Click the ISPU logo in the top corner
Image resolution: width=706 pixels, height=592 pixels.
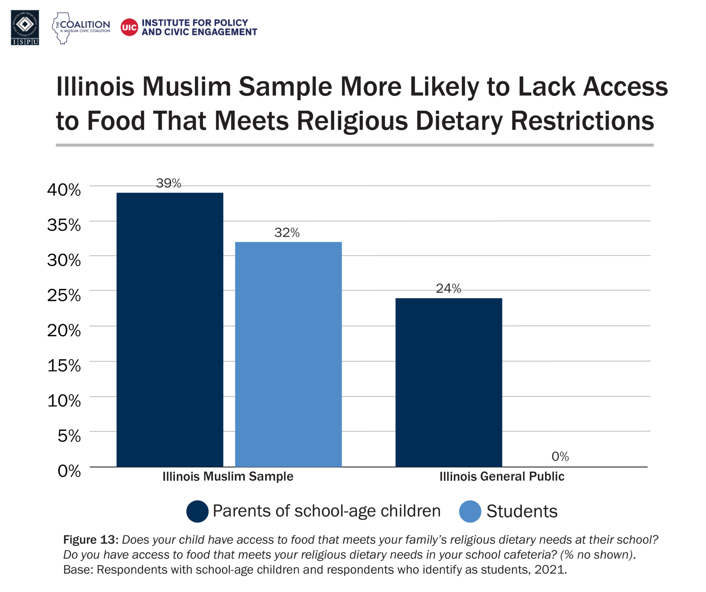(25, 28)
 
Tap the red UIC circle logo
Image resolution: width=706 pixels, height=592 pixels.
(129, 27)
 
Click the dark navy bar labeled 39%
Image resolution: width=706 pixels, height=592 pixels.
(170, 329)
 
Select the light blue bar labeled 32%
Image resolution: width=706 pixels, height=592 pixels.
(288, 354)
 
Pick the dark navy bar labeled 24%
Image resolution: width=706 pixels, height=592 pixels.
(448, 382)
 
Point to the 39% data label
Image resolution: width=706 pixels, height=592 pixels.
(169, 183)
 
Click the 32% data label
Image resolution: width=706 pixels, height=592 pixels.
(287, 233)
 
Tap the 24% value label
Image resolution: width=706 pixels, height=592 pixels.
(448, 289)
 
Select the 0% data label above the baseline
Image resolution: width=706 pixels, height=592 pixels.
(560, 456)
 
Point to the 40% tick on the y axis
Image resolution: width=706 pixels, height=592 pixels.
(64, 190)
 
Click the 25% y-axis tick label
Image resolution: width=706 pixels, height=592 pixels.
(64, 295)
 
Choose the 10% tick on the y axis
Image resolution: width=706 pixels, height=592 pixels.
(64, 401)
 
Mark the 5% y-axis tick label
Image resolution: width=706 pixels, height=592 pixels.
(69, 436)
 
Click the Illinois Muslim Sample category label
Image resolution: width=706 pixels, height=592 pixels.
(228, 476)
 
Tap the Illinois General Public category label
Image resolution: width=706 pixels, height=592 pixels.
(502, 476)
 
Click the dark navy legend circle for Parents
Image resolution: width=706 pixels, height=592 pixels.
(197, 511)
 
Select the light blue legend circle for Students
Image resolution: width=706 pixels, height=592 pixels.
(470, 511)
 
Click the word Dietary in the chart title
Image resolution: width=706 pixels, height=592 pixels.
(459, 121)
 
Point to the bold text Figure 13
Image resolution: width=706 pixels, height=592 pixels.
(91, 540)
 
